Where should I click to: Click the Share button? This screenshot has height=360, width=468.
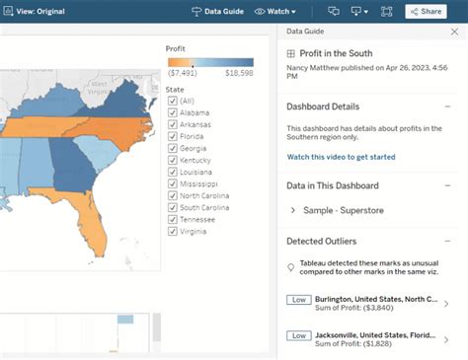pyautogui.click(x=425, y=11)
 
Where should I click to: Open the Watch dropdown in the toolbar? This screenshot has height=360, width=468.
pyautogui.click(x=275, y=11)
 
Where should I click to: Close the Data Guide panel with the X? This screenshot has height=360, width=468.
pyautogui.click(x=453, y=32)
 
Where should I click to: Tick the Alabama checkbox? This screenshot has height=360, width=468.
pyautogui.click(x=173, y=112)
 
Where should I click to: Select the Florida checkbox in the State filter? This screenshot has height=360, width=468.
pyautogui.click(x=173, y=136)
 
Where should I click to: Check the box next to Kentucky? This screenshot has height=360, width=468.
pyautogui.click(x=173, y=160)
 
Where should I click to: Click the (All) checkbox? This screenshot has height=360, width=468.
pyautogui.click(x=173, y=101)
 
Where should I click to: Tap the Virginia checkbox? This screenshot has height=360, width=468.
pyautogui.click(x=173, y=232)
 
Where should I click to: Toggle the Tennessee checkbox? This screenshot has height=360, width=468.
pyautogui.click(x=173, y=220)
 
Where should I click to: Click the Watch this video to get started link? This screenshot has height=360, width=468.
pyautogui.click(x=341, y=157)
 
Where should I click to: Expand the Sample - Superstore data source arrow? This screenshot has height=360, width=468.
pyautogui.click(x=293, y=210)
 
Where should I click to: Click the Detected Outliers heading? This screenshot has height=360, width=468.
pyautogui.click(x=322, y=241)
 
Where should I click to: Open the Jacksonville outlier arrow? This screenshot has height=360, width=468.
pyautogui.click(x=446, y=340)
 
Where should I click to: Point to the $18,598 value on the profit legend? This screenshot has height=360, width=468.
pyautogui.click(x=239, y=72)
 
